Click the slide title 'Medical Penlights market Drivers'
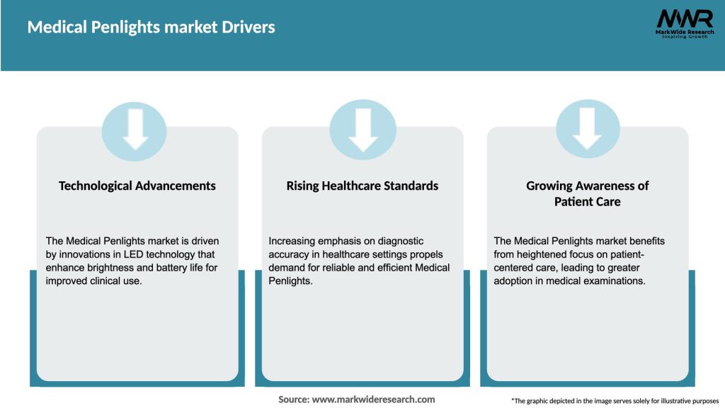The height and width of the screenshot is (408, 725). pyautogui.click(x=151, y=28)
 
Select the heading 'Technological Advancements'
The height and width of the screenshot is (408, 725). pyautogui.click(x=137, y=186)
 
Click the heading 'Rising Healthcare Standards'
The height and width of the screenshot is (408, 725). pyautogui.click(x=362, y=186)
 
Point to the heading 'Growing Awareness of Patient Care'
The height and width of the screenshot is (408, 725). pyautogui.click(x=587, y=193)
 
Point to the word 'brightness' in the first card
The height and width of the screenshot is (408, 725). pyautogui.click(x=109, y=267)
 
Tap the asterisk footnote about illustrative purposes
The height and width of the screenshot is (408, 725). pyautogui.click(x=615, y=401)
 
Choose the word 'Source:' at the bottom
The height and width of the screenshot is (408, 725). pyautogui.click(x=294, y=399)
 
